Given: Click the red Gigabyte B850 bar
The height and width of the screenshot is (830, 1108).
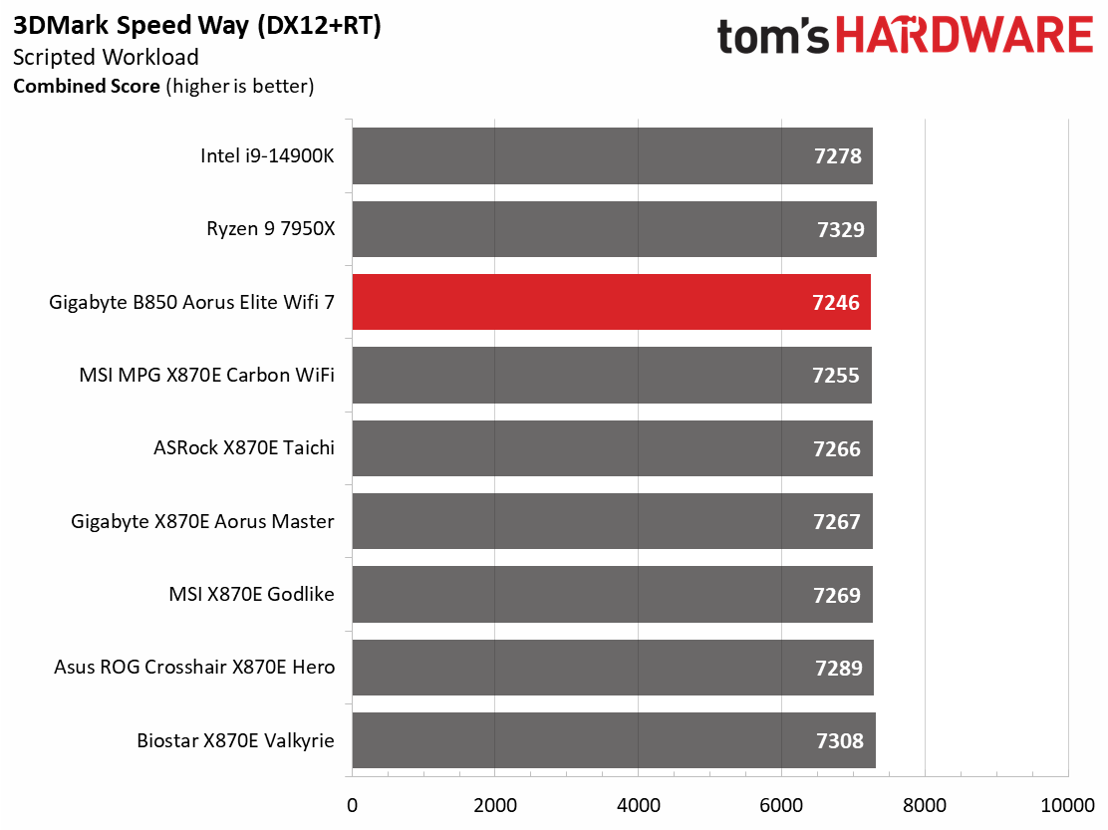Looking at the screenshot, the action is (611, 302).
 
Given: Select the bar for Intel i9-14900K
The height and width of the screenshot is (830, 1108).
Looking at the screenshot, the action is (613, 155).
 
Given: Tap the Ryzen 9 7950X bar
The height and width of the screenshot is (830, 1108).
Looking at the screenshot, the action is (614, 229).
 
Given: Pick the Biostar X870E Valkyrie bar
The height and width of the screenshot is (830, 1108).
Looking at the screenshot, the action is (614, 740).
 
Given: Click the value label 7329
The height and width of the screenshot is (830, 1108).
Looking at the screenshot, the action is (841, 229).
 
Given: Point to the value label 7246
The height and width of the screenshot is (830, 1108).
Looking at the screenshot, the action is (836, 302).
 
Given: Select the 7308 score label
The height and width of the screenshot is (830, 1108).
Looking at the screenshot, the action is (840, 741).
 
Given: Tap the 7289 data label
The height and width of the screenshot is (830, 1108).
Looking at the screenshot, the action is (839, 668).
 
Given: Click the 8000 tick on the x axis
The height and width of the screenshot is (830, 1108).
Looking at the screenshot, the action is (925, 805).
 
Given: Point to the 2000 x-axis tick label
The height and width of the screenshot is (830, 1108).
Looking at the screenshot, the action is (494, 805).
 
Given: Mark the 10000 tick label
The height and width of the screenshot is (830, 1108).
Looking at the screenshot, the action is (1068, 805).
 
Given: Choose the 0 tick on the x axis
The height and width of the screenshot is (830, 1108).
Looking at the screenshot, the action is (352, 805).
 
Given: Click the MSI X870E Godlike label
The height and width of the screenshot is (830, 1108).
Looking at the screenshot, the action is (251, 594).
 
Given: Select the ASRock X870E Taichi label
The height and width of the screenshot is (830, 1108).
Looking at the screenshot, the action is (244, 447).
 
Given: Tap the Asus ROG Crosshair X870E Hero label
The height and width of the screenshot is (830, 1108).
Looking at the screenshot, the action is (194, 667).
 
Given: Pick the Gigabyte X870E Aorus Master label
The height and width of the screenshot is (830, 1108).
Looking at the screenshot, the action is (203, 521).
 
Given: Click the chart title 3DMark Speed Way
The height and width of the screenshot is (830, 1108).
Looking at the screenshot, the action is (131, 26).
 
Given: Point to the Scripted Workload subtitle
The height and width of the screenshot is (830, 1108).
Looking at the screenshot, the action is (106, 57).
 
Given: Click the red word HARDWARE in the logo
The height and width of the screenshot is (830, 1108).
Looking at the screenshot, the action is (965, 35).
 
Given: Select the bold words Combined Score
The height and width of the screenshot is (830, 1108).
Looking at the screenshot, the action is (87, 86).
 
